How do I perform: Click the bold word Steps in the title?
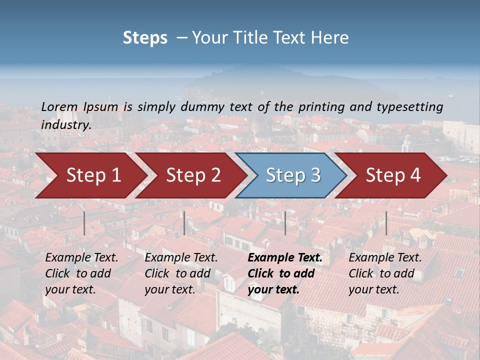pyautogui.click(x=145, y=38)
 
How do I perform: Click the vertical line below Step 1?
pyautogui.click(x=84, y=223)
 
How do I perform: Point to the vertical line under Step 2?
pyautogui.click(x=184, y=223)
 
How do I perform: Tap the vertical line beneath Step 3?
pyautogui.click(x=285, y=223)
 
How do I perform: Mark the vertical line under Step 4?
pyautogui.click(x=386, y=223)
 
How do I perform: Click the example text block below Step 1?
pyautogui.click(x=81, y=273)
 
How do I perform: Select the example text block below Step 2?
pyautogui.click(x=181, y=273)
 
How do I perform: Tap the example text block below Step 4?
pyautogui.click(x=385, y=273)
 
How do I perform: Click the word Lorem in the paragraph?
pyautogui.click(x=59, y=106)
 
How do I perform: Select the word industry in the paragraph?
pyautogui.click(x=65, y=124)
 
